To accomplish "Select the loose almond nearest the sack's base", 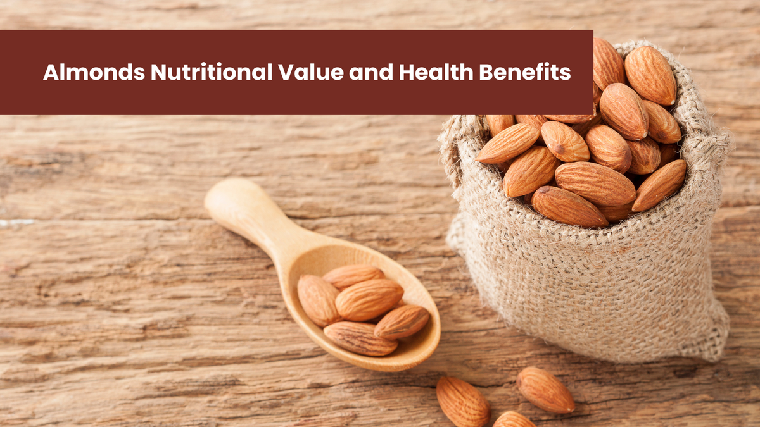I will click(x=545, y=390).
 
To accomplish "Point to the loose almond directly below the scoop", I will click(x=462, y=402).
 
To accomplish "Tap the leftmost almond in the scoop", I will click(x=319, y=300).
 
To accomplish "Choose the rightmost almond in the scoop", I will click(x=402, y=322).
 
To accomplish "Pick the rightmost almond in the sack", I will click(x=660, y=185).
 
